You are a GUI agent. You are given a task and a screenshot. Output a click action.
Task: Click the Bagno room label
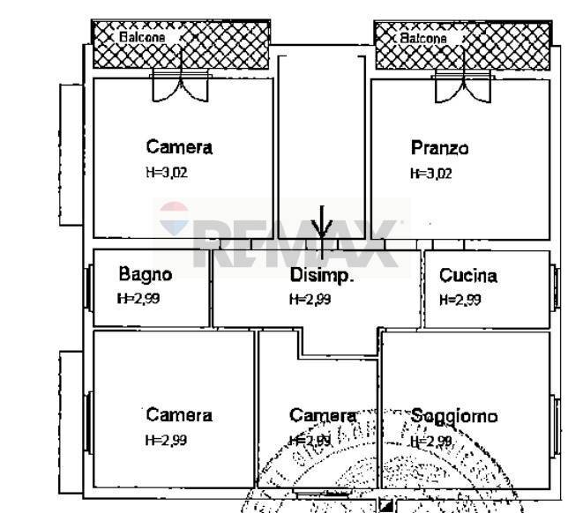click(x=146, y=274)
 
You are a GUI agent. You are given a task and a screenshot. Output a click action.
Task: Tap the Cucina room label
click(x=467, y=275)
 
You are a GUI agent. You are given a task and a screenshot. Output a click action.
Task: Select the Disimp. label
click(x=322, y=275)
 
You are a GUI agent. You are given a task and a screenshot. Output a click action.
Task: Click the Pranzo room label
click(x=439, y=147)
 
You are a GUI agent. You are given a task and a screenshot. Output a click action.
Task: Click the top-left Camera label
click(x=179, y=147)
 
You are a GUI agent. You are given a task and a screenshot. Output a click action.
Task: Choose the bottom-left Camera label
click(x=179, y=415)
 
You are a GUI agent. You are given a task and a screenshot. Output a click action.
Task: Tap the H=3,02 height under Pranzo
click(x=430, y=174)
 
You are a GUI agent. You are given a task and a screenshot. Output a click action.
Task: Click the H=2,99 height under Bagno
click(x=138, y=298)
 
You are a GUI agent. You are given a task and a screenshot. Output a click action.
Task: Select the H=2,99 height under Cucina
click(x=460, y=299)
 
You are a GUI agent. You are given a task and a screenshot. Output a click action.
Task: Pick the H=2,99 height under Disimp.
click(x=310, y=299)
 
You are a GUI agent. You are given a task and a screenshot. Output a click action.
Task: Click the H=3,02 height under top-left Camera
click(x=166, y=173)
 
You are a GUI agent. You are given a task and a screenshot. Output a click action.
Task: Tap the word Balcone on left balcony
click(x=142, y=38)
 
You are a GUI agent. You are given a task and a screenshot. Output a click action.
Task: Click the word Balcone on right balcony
click(x=424, y=39)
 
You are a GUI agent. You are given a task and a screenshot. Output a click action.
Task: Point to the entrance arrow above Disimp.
click(x=323, y=225)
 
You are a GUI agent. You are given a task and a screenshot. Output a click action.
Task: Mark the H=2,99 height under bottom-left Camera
click(x=166, y=439)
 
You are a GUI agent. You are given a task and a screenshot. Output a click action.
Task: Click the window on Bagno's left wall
click(x=88, y=287)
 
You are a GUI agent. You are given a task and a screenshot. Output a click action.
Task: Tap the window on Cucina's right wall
click(x=555, y=287)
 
